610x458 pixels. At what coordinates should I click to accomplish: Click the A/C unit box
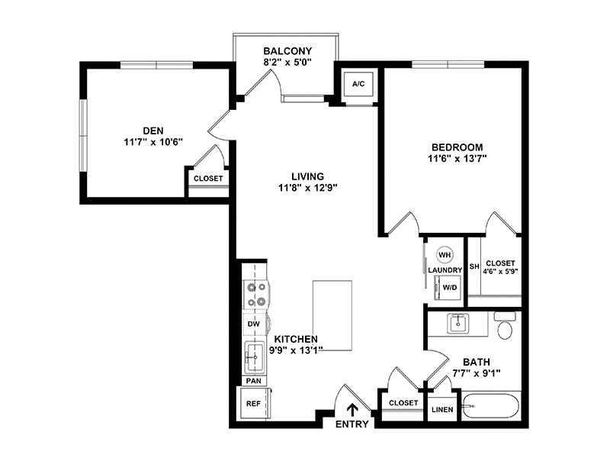point(358,84)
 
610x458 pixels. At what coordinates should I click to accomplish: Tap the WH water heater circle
point(445,255)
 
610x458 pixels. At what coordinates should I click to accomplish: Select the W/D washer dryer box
point(448,288)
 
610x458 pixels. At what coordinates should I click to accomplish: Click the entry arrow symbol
point(352,410)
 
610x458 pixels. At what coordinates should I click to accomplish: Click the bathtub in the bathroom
point(490,406)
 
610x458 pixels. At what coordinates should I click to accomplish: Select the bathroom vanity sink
point(458,324)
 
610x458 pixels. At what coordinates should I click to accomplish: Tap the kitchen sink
point(255,357)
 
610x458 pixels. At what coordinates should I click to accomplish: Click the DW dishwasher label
point(254,324)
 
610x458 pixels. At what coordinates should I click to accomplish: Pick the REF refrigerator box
point(254,404)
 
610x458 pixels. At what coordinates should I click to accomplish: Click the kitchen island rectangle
point(332,316)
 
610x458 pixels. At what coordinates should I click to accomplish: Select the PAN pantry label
point(254,381)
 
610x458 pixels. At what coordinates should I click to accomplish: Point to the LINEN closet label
point(442,410)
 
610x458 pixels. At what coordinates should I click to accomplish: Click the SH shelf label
point(474,266)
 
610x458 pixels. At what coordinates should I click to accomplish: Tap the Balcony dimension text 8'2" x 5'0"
point(287,63)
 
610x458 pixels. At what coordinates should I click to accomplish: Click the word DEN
point(153,131)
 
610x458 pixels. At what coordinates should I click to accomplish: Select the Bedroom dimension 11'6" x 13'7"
point(457,159)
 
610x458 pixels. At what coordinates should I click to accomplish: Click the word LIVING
point(308,176)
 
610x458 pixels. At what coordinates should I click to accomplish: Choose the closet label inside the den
point(208,179)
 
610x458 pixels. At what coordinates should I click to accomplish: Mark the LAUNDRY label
point(445,270)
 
